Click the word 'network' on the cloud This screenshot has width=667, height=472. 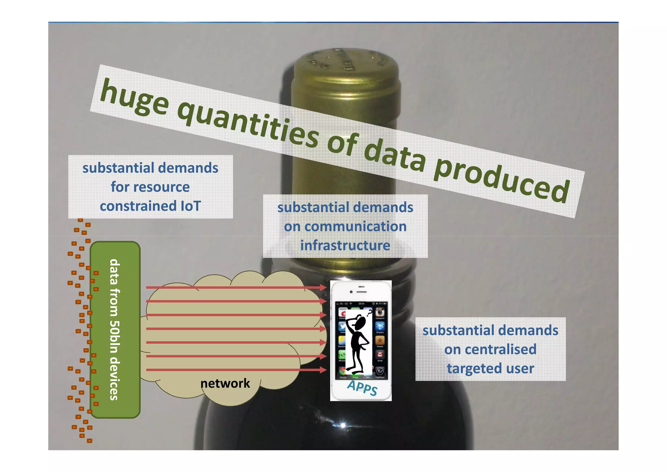(225, 383)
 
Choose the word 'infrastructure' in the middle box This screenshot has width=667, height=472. (345, 245)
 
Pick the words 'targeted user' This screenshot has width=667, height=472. (490, 369)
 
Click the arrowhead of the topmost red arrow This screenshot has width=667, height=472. (323, 287)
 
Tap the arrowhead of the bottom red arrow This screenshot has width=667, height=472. (323, 370)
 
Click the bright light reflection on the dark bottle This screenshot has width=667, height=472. (343, 425)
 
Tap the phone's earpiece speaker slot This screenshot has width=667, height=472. (362, 291)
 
